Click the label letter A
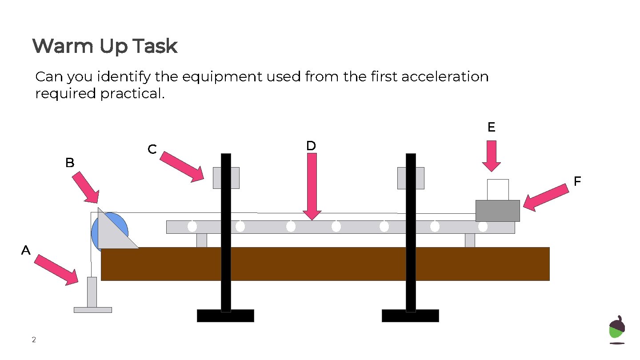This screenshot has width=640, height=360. (x=26, y=251)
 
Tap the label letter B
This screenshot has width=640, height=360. (x=70, y=163)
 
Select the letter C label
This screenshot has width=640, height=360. (x=152, y=149)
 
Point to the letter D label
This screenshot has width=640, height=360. (x=311, y=146)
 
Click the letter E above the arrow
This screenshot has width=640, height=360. (x=491, y=128)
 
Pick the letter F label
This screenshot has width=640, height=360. (x=577, y=181)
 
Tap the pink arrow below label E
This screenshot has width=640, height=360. (x=492, y=156)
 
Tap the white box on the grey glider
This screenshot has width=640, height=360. (x=498, y=190)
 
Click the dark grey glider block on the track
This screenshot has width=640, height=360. (x=497, y=211)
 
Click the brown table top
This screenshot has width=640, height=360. (x=325, y=264)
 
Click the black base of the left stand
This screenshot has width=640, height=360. (x=225, y=316)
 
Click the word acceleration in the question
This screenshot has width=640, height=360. (x=445, y=77)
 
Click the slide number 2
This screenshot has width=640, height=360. (x=34, y=340)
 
